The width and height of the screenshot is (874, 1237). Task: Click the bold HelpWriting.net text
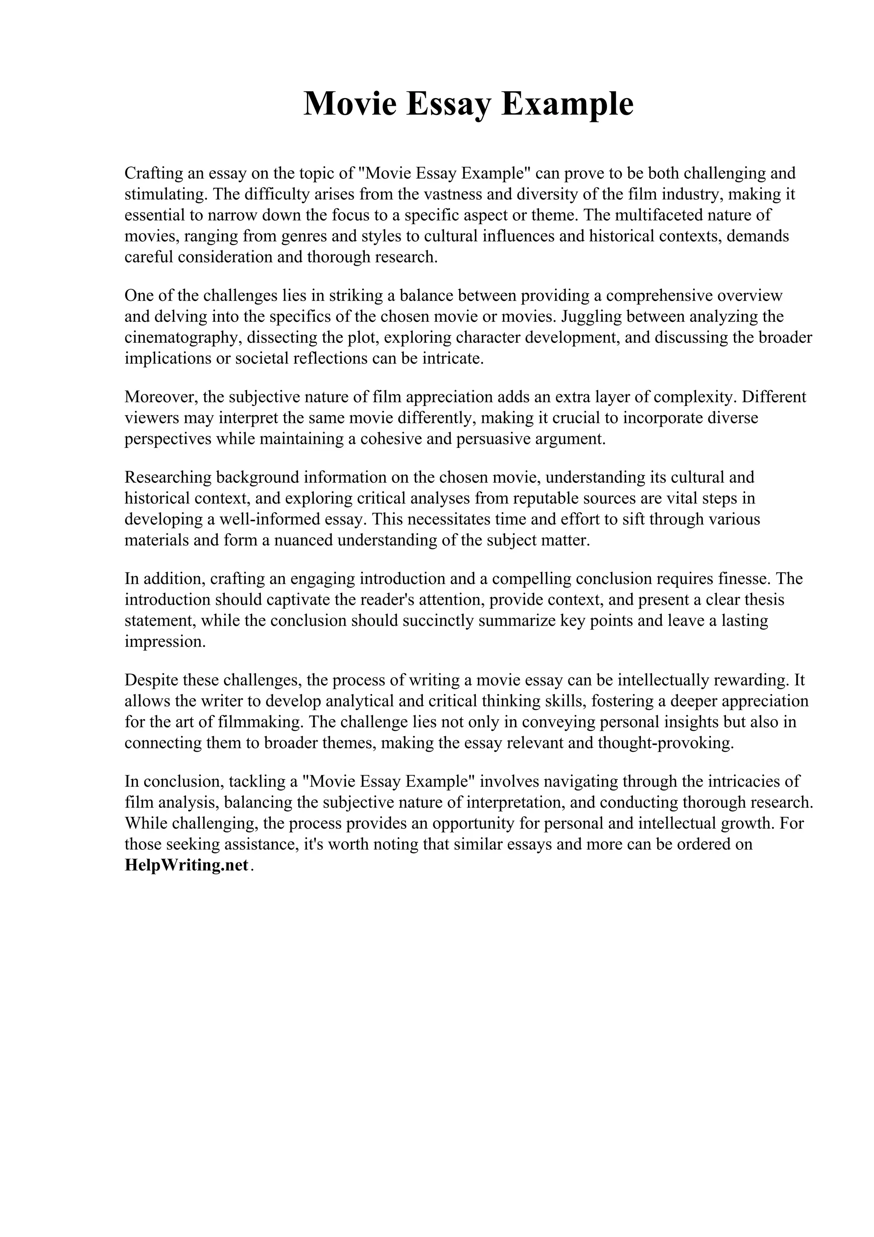(186, 865)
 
